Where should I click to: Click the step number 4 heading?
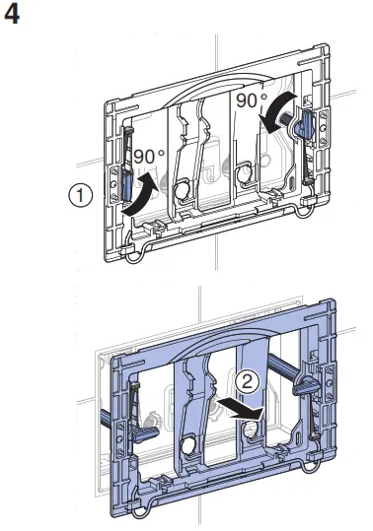tap(12, 15)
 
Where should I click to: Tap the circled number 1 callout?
tap(80, 195)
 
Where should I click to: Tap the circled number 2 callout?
tap(247, 382)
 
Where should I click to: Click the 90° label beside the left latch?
tap(149, 157)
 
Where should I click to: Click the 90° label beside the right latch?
tap(252, 100)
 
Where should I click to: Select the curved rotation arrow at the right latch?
tap(276, 111)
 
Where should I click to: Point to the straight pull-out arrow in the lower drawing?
tap(240, 410)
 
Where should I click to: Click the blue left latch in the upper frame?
tap(127, 186)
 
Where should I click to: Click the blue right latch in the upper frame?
tap(305, 124)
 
